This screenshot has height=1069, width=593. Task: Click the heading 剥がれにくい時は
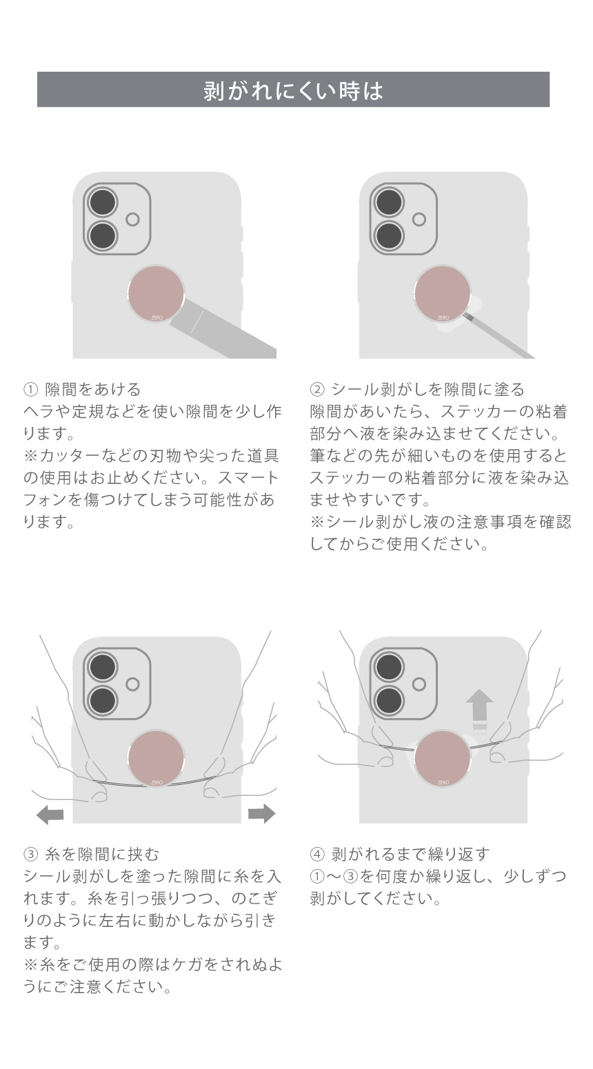293,90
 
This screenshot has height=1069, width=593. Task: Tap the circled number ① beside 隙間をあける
30,390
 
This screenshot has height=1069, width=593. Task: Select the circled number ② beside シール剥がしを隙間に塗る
316,390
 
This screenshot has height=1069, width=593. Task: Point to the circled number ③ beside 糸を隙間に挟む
30,854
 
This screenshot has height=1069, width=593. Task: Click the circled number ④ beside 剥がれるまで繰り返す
316,854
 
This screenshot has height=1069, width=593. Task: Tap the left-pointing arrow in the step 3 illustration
50,814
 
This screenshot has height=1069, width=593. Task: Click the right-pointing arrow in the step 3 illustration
262,814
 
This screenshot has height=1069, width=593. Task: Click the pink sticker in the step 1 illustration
156,294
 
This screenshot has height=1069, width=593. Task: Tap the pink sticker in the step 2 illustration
442,294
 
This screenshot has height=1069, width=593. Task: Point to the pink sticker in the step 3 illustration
156,759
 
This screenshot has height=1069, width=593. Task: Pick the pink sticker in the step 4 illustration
442,759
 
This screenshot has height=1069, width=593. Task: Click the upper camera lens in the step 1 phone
103,202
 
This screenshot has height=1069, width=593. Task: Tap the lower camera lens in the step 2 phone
390,237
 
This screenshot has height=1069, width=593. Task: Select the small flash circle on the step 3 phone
132,684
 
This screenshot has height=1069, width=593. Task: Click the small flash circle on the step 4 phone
419,684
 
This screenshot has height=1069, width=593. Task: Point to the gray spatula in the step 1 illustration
224,329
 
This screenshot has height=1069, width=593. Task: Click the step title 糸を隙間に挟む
102,854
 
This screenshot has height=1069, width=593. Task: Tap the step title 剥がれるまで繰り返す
411,854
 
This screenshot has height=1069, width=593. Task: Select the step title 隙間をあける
93,390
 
